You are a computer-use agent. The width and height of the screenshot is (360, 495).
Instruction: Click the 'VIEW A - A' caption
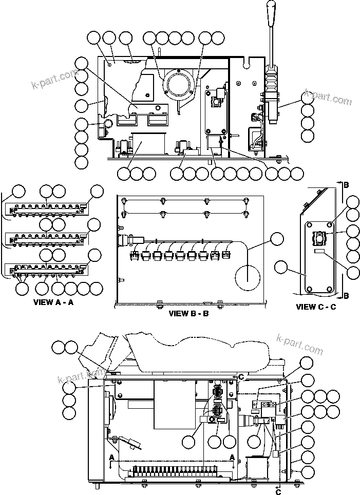click(53, 302)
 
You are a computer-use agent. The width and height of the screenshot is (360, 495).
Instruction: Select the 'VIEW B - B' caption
click(188, 313)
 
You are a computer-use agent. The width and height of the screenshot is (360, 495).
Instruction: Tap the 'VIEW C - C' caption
click(316, 307)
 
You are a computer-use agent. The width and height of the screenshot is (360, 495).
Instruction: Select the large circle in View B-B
click(248, 277)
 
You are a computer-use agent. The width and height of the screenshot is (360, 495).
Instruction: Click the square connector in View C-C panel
click(319, 237)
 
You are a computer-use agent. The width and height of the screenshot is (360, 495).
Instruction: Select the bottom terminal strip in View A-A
click(47, 268)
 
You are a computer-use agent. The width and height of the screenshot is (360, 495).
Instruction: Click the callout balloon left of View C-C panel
click(281, 266)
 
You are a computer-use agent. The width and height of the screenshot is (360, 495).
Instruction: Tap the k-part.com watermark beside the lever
click(328, 98)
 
